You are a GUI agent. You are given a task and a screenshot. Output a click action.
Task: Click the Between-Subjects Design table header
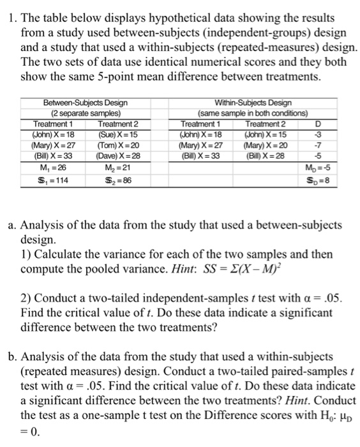pyautogui.click(x=84, y=103)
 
